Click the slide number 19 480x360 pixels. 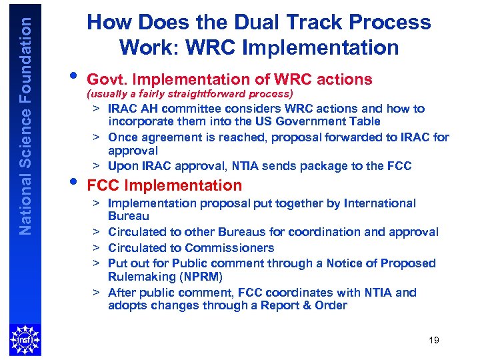click(x=434, y=340)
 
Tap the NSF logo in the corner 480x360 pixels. click(x=25, y=339)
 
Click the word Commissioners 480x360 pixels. click(x=237, y=247)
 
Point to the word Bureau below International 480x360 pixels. click(x=129, y=216)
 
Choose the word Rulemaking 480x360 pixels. click(x=141, y=276)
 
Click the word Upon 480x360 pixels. click(x=123, y=166)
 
